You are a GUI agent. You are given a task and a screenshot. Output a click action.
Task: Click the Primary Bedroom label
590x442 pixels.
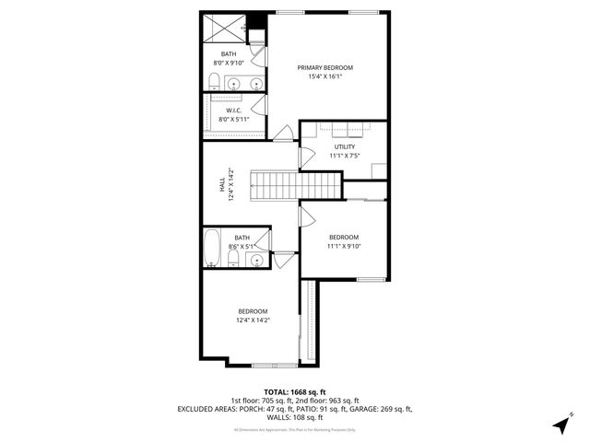click(324, 67)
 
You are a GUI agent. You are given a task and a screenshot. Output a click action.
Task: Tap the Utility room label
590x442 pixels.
click(344, 146)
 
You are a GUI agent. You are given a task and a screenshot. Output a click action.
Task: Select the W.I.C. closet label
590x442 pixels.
click(234, 110)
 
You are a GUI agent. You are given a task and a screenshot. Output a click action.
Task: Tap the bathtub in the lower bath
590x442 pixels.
click(211, 247)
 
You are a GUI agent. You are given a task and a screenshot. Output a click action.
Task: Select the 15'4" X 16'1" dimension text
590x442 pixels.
click(324, 76)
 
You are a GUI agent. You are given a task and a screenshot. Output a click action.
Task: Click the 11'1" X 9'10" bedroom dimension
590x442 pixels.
click(344, 246)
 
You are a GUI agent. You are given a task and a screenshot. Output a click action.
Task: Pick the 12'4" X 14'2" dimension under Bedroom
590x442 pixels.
click(253, 320)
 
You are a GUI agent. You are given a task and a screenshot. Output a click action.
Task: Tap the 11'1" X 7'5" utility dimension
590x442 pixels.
click(344, 156)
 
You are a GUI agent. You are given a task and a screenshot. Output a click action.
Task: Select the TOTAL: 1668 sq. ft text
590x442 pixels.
click(295, 392)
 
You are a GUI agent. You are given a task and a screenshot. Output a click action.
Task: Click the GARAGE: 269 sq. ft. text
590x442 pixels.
click(381, 408)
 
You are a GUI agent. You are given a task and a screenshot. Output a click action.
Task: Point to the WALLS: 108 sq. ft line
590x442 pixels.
click(295, 416)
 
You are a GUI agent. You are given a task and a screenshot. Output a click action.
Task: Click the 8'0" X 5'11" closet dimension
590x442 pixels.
click(234, 120)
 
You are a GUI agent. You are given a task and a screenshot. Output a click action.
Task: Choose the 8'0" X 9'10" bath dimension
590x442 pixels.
click(228, 63)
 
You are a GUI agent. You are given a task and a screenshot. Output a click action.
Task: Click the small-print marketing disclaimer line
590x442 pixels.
click(295, 430)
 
